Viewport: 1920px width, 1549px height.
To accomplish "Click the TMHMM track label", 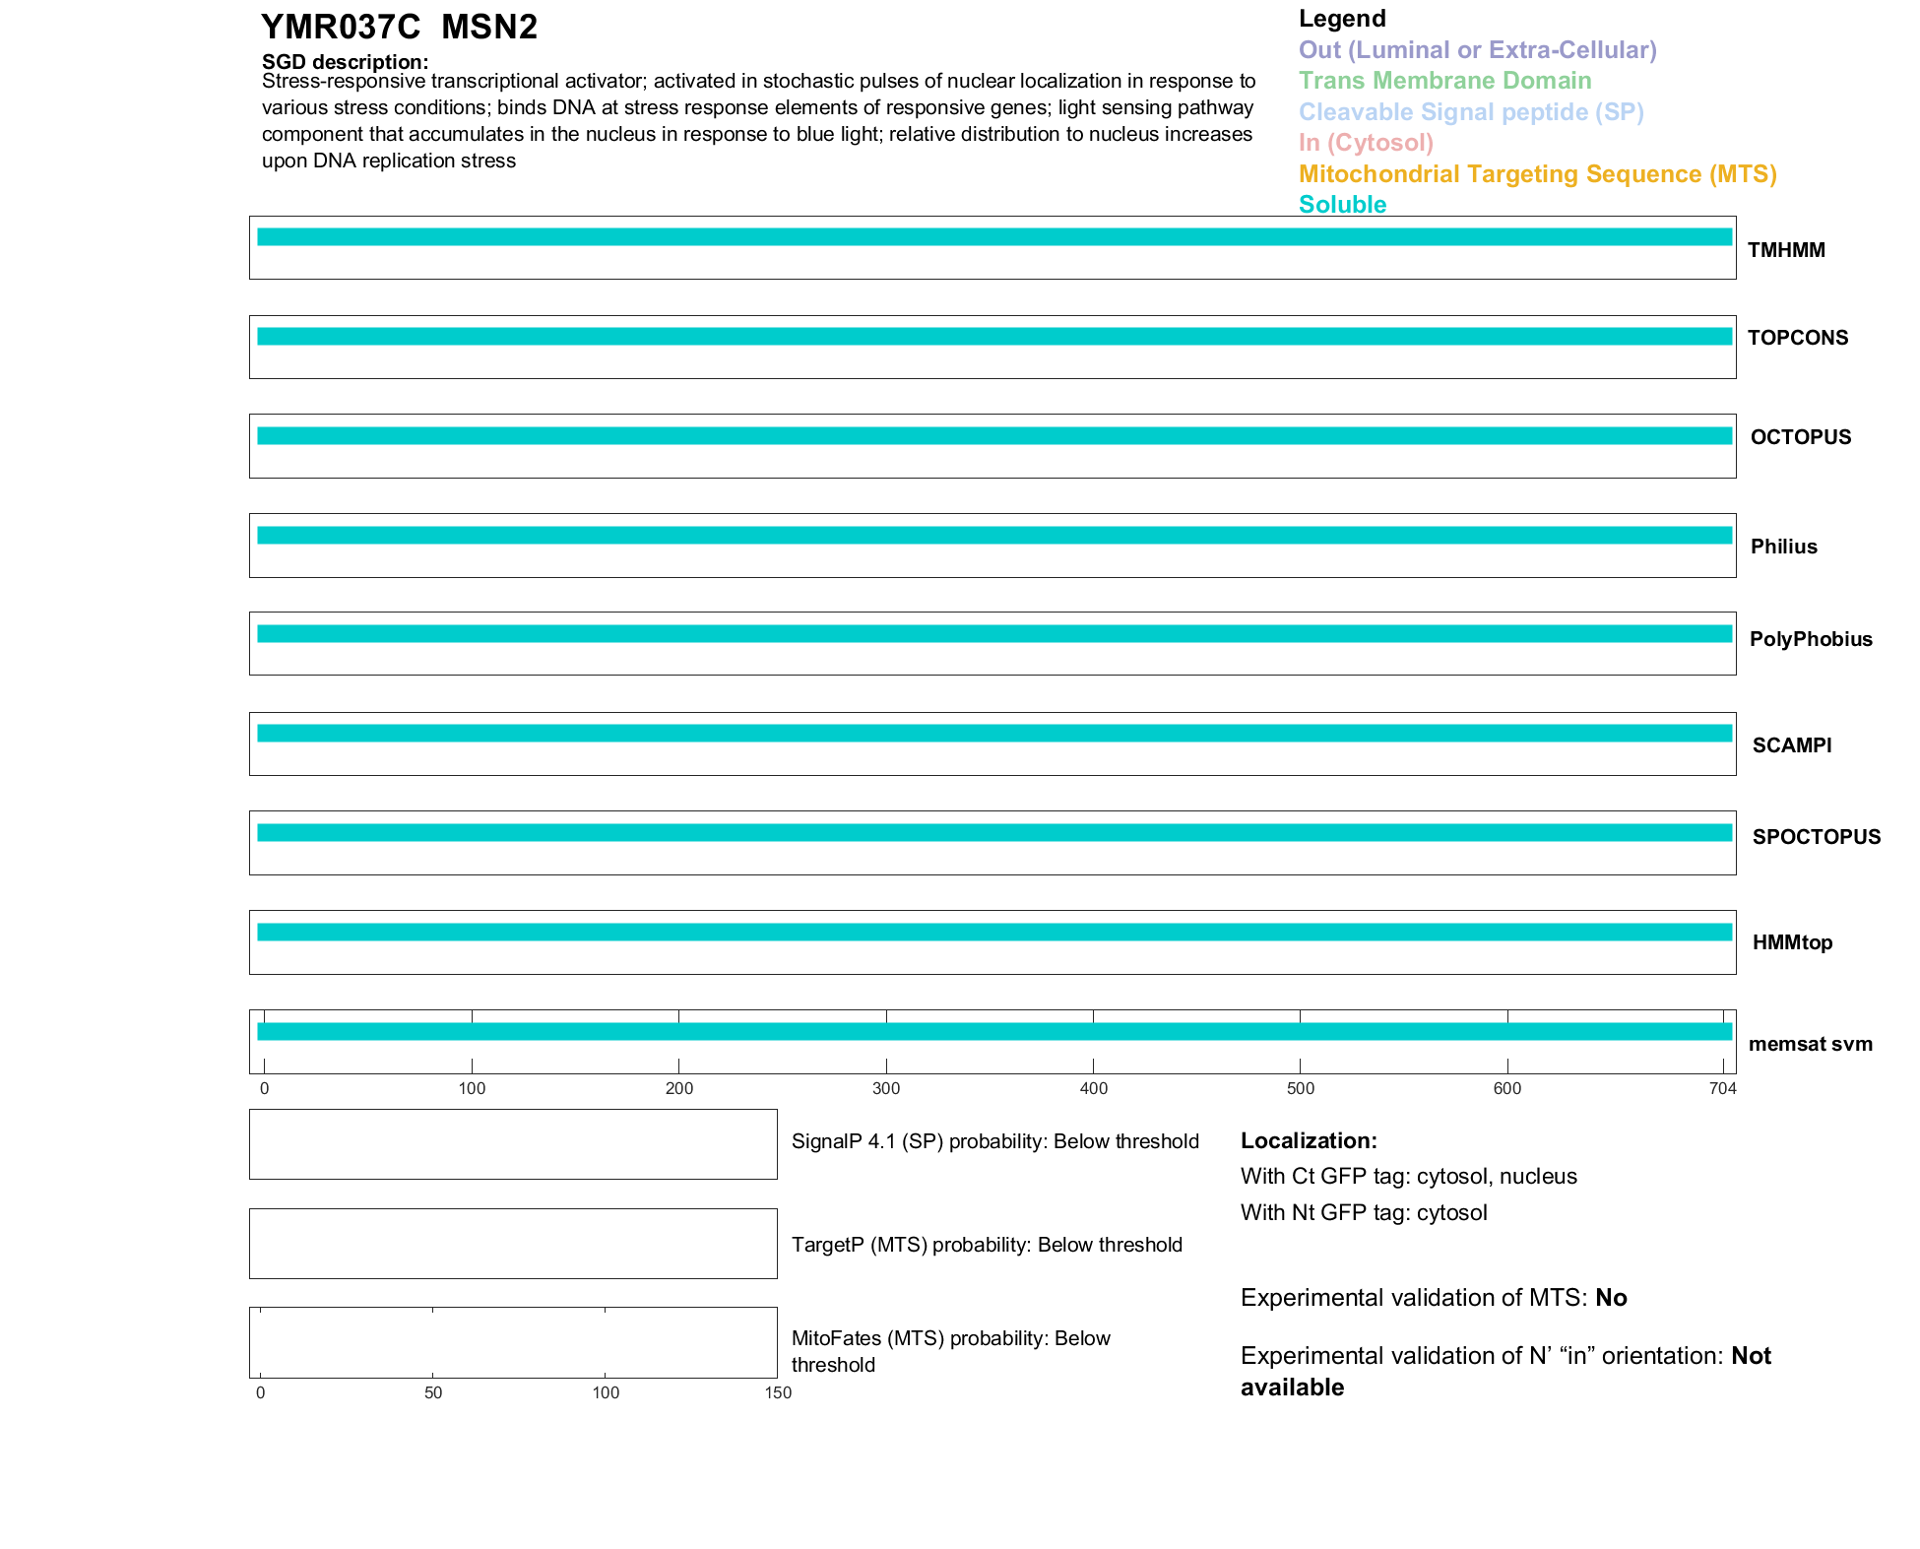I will pos(1785,250).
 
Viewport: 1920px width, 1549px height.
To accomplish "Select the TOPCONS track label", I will pos(1797,338).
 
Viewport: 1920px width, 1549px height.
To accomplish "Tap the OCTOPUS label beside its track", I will pos(1800,437).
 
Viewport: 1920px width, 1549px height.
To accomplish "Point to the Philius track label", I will pos(1783,547).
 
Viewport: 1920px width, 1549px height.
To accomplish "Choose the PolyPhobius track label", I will pos(1810,639).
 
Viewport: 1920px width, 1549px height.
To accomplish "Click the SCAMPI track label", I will pos(1791,745).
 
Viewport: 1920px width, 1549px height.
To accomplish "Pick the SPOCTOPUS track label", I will pos(1816,837).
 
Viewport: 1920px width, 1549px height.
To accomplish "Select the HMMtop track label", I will pos(1792,942).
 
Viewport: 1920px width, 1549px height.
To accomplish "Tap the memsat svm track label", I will pos(1810,1044).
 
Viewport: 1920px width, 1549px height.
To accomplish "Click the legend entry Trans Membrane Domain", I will pos(1444,81).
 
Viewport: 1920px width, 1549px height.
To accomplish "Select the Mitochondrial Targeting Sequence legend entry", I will pos(1537,174).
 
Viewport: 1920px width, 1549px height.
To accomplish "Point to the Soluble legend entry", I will pos(1342,205).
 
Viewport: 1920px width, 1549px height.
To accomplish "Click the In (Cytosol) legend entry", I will pos(1366,143).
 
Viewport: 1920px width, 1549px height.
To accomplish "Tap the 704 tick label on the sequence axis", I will pos(1722,1088).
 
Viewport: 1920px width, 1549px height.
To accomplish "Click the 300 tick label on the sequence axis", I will pos(886,1088).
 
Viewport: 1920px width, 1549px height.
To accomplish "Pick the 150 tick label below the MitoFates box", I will pos(778,1392).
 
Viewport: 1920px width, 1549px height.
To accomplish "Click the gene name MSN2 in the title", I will pos(489,28).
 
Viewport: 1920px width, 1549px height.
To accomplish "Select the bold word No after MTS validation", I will pos(1611,1298).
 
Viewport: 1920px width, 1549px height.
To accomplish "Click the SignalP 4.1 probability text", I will pos(994,1141).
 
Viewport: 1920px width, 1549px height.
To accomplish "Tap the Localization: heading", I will pos(1309,1140).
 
